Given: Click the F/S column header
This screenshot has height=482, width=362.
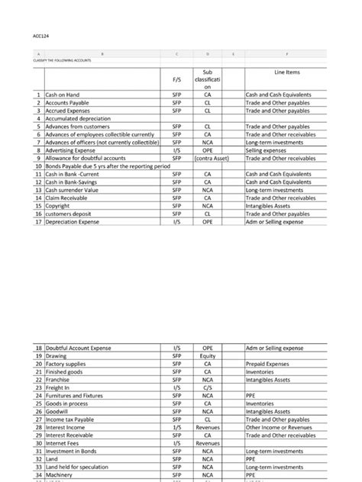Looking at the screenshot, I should [176, 79].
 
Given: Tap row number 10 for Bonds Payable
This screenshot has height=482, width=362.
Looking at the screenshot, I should [37, 166].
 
